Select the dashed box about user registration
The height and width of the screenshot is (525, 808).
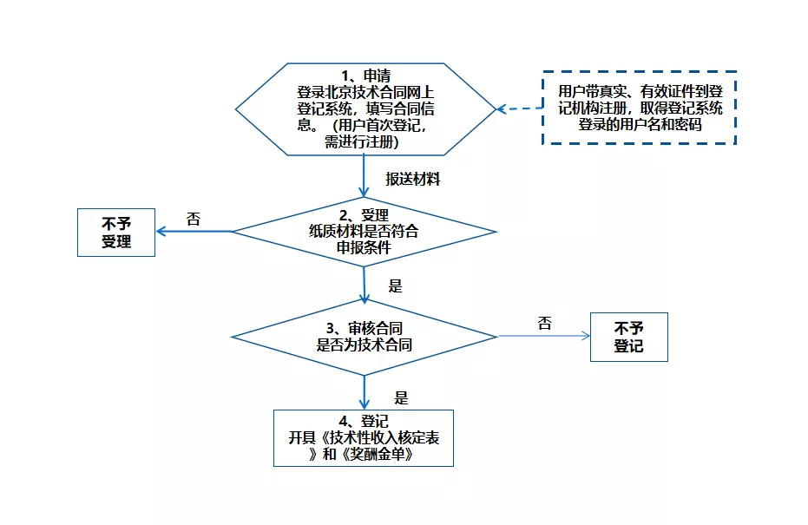point(640,108)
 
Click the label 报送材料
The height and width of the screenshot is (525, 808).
point(413,180)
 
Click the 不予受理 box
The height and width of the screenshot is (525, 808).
point(116,232)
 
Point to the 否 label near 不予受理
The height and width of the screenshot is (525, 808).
point(194,220)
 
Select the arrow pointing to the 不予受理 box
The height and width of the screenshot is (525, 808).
point(194,232)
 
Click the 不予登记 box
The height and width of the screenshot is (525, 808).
point(628,337)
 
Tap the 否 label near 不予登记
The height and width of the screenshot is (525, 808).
point(544,324)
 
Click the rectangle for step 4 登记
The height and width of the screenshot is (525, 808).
point(364,437)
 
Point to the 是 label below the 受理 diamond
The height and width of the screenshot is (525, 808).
point(395,286)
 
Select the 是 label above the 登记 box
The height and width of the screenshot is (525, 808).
point(401,398)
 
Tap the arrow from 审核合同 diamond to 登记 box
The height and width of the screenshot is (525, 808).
point(364,390)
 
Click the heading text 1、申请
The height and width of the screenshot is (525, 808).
point(365,75)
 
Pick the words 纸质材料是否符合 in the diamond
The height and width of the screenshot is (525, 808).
point(364,232)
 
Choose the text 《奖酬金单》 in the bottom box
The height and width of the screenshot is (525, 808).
point(374,454)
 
